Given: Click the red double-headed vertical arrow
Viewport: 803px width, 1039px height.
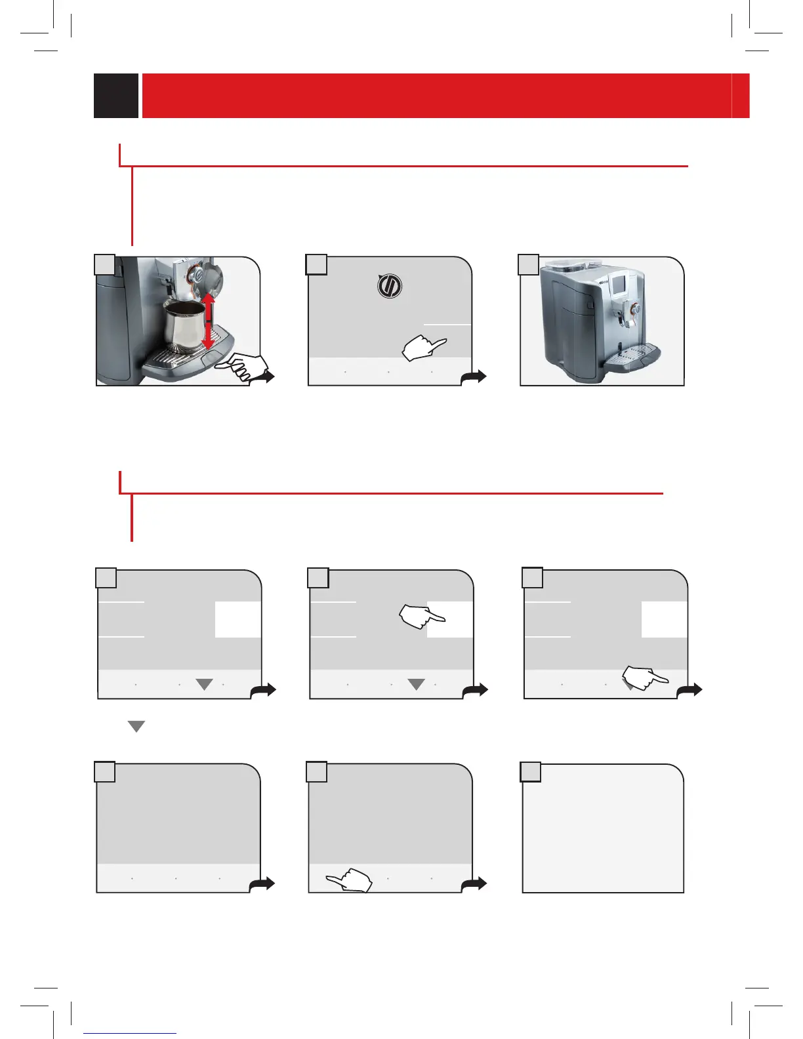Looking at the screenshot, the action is [208, 321].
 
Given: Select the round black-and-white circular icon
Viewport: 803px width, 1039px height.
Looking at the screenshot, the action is [390, 287].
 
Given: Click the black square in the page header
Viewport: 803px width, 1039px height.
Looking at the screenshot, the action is [116, 96].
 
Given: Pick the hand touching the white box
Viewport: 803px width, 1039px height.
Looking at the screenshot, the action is [421, 617].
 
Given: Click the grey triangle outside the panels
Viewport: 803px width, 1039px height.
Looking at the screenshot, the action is [136, 726].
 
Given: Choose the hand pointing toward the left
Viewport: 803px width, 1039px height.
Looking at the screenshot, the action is [350, 880].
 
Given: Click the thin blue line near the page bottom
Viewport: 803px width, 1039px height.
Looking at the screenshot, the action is [130, 1034].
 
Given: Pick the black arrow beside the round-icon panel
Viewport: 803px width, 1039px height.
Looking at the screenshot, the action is [476, 377].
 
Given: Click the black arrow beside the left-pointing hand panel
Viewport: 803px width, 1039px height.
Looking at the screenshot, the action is [476, 884].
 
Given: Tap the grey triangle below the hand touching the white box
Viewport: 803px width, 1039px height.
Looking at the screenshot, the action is [416, 684].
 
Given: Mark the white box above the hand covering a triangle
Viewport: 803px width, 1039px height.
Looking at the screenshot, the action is [664, 619].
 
